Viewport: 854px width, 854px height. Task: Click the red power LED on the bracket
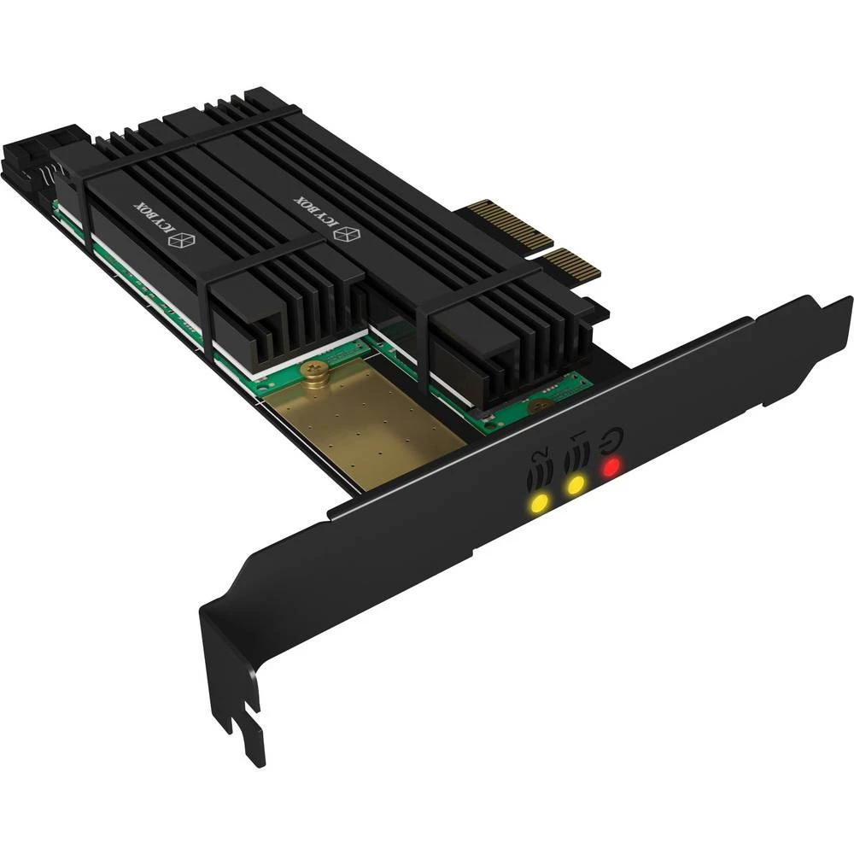pos(611,467)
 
